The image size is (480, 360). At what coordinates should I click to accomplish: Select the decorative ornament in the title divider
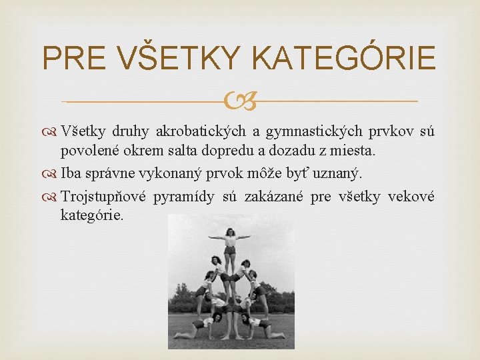click(239, 101)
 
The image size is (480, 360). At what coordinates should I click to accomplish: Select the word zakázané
click(273, 197)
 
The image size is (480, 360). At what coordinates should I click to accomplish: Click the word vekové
click(411, 197)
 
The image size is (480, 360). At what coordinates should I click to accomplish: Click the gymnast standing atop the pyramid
click(230, 250)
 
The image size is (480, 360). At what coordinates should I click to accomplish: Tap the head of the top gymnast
click(230, 232)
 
